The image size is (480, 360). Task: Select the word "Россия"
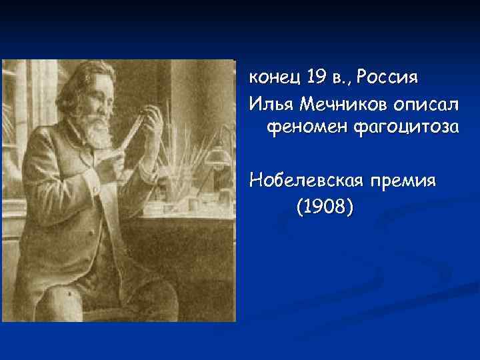pos(387,78)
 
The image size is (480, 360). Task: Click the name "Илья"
pos(271,103)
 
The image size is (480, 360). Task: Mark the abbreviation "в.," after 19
pos(340,79)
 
